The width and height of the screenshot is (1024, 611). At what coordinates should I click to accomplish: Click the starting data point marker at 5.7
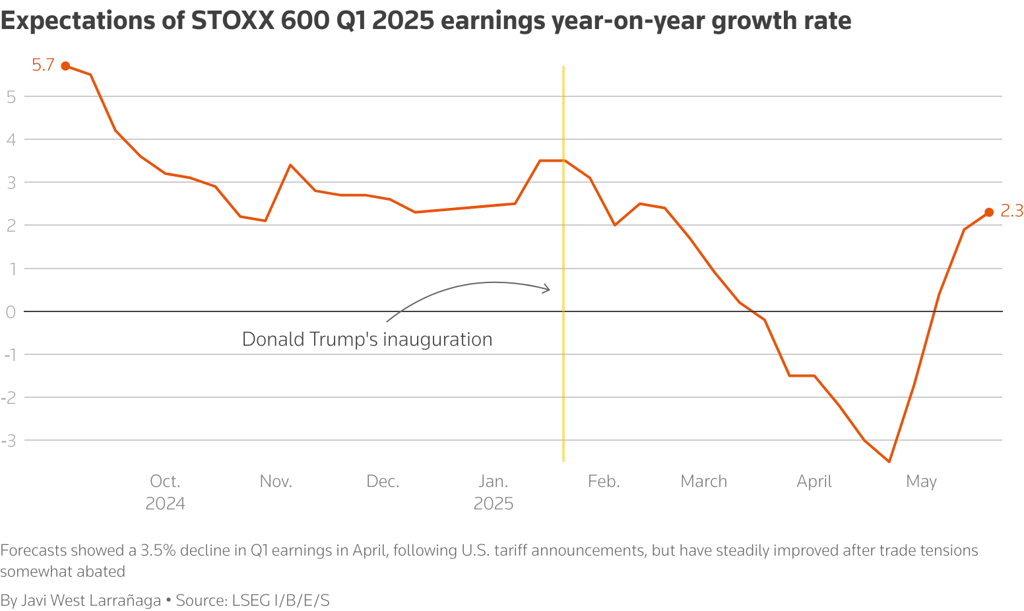65,66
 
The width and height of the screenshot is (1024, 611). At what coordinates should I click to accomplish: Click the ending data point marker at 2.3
988,212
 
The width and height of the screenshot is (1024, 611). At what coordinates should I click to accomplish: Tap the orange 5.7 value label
43,65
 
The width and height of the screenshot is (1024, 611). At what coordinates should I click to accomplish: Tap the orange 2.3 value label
1011,211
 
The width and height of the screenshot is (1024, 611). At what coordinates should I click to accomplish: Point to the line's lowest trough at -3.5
889,461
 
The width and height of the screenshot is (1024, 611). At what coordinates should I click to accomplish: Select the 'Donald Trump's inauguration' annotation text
367,339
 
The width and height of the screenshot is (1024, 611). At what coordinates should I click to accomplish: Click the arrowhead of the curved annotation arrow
547,288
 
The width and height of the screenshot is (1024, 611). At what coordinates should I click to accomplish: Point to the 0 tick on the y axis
11,311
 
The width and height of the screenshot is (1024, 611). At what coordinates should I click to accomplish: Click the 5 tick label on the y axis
11,96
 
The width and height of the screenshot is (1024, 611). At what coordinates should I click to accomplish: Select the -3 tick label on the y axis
9,440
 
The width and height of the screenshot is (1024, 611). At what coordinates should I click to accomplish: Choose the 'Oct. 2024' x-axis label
165,492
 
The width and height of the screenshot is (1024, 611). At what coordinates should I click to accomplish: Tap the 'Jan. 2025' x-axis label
494,492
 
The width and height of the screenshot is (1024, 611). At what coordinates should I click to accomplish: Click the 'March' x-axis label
703,481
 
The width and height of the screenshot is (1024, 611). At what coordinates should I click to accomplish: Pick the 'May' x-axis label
921,481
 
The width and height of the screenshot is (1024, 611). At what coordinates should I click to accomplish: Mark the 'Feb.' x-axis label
604,481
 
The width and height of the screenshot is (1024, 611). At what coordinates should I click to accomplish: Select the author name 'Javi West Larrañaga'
91,600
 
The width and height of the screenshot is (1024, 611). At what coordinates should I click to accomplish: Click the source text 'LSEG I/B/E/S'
280,600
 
